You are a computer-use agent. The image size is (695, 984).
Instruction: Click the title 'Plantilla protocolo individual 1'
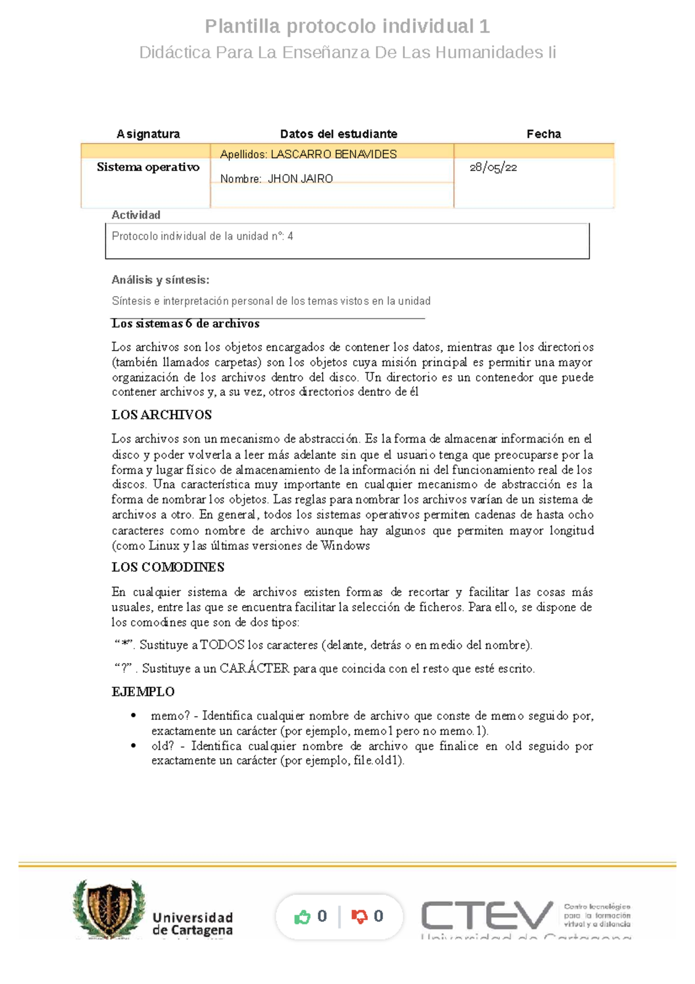[x=347, y=26]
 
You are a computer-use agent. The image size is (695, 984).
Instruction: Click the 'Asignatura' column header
[x=148, y=134]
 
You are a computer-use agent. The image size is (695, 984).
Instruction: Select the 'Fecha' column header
[x=543, y=134]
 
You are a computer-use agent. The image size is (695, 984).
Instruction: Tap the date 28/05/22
[x=493, y=167]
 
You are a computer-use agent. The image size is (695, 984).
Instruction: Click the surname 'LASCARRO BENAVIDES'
[x=334, y=154]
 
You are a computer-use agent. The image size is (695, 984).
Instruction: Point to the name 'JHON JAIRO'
[x=300, y=179]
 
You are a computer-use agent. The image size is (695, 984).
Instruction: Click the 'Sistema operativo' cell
[x=148, y=167]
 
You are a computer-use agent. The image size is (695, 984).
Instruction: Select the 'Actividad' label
[x=136, y=215]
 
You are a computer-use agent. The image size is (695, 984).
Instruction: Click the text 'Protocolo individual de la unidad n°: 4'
[x=202, y=236]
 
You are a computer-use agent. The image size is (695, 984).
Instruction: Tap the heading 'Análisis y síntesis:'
[x=160, y=280]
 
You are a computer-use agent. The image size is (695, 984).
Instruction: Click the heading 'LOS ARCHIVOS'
[x=162, y=415]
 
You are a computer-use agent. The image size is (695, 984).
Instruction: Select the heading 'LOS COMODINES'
[x=167, y=567]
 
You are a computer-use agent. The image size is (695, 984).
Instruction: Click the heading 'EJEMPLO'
[x=143, y=692]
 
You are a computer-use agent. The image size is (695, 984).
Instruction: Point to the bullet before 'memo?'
[x=134, y=716]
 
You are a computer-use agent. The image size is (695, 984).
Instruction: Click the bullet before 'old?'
[x=134, y=746]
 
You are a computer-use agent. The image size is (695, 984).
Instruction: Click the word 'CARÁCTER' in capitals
[x=254, y=668]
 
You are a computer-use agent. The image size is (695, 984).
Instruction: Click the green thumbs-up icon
[x=302, y=917]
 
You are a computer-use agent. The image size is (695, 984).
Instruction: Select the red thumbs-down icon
[x=359, y=917]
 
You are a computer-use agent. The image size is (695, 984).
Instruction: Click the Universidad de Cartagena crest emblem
[x=108, y=908]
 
